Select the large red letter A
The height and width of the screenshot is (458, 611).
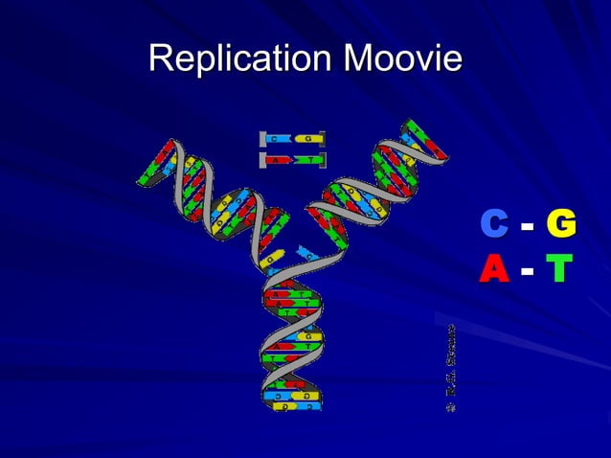point(493,269)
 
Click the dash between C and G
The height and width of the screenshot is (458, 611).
point(527,227)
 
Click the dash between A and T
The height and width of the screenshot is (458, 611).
point(527,271)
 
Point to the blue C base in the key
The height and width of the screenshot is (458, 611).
point(277,139)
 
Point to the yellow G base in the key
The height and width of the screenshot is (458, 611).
point(307,139)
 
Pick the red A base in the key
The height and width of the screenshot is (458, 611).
point(277,159)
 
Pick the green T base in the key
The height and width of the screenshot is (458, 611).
point(308,159)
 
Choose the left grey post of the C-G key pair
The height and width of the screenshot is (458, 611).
point(261,139)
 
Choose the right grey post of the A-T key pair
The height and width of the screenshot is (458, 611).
point(324,159)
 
